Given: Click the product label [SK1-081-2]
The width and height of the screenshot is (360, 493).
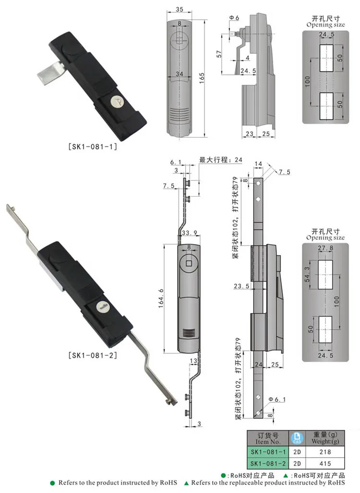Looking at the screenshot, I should point(93,355).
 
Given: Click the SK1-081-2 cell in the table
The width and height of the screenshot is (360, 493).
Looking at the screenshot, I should point(268,463).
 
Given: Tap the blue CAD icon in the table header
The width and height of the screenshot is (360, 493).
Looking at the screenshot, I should point(296,438).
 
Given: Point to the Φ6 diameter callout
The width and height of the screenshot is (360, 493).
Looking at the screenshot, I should point(234,18).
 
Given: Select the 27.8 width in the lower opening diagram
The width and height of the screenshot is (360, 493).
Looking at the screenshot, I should point(324,247).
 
